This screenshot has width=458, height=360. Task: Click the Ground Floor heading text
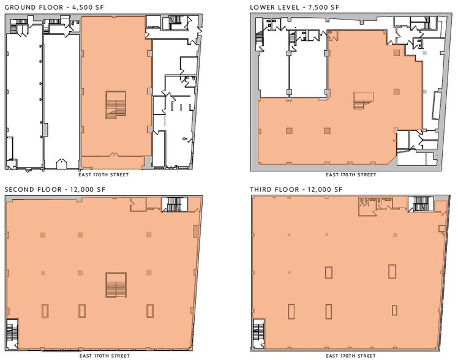click(x=32, y=7)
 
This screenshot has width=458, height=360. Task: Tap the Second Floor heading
click(x=34, y=189)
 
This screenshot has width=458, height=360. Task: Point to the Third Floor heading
click(x=276, y=189)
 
